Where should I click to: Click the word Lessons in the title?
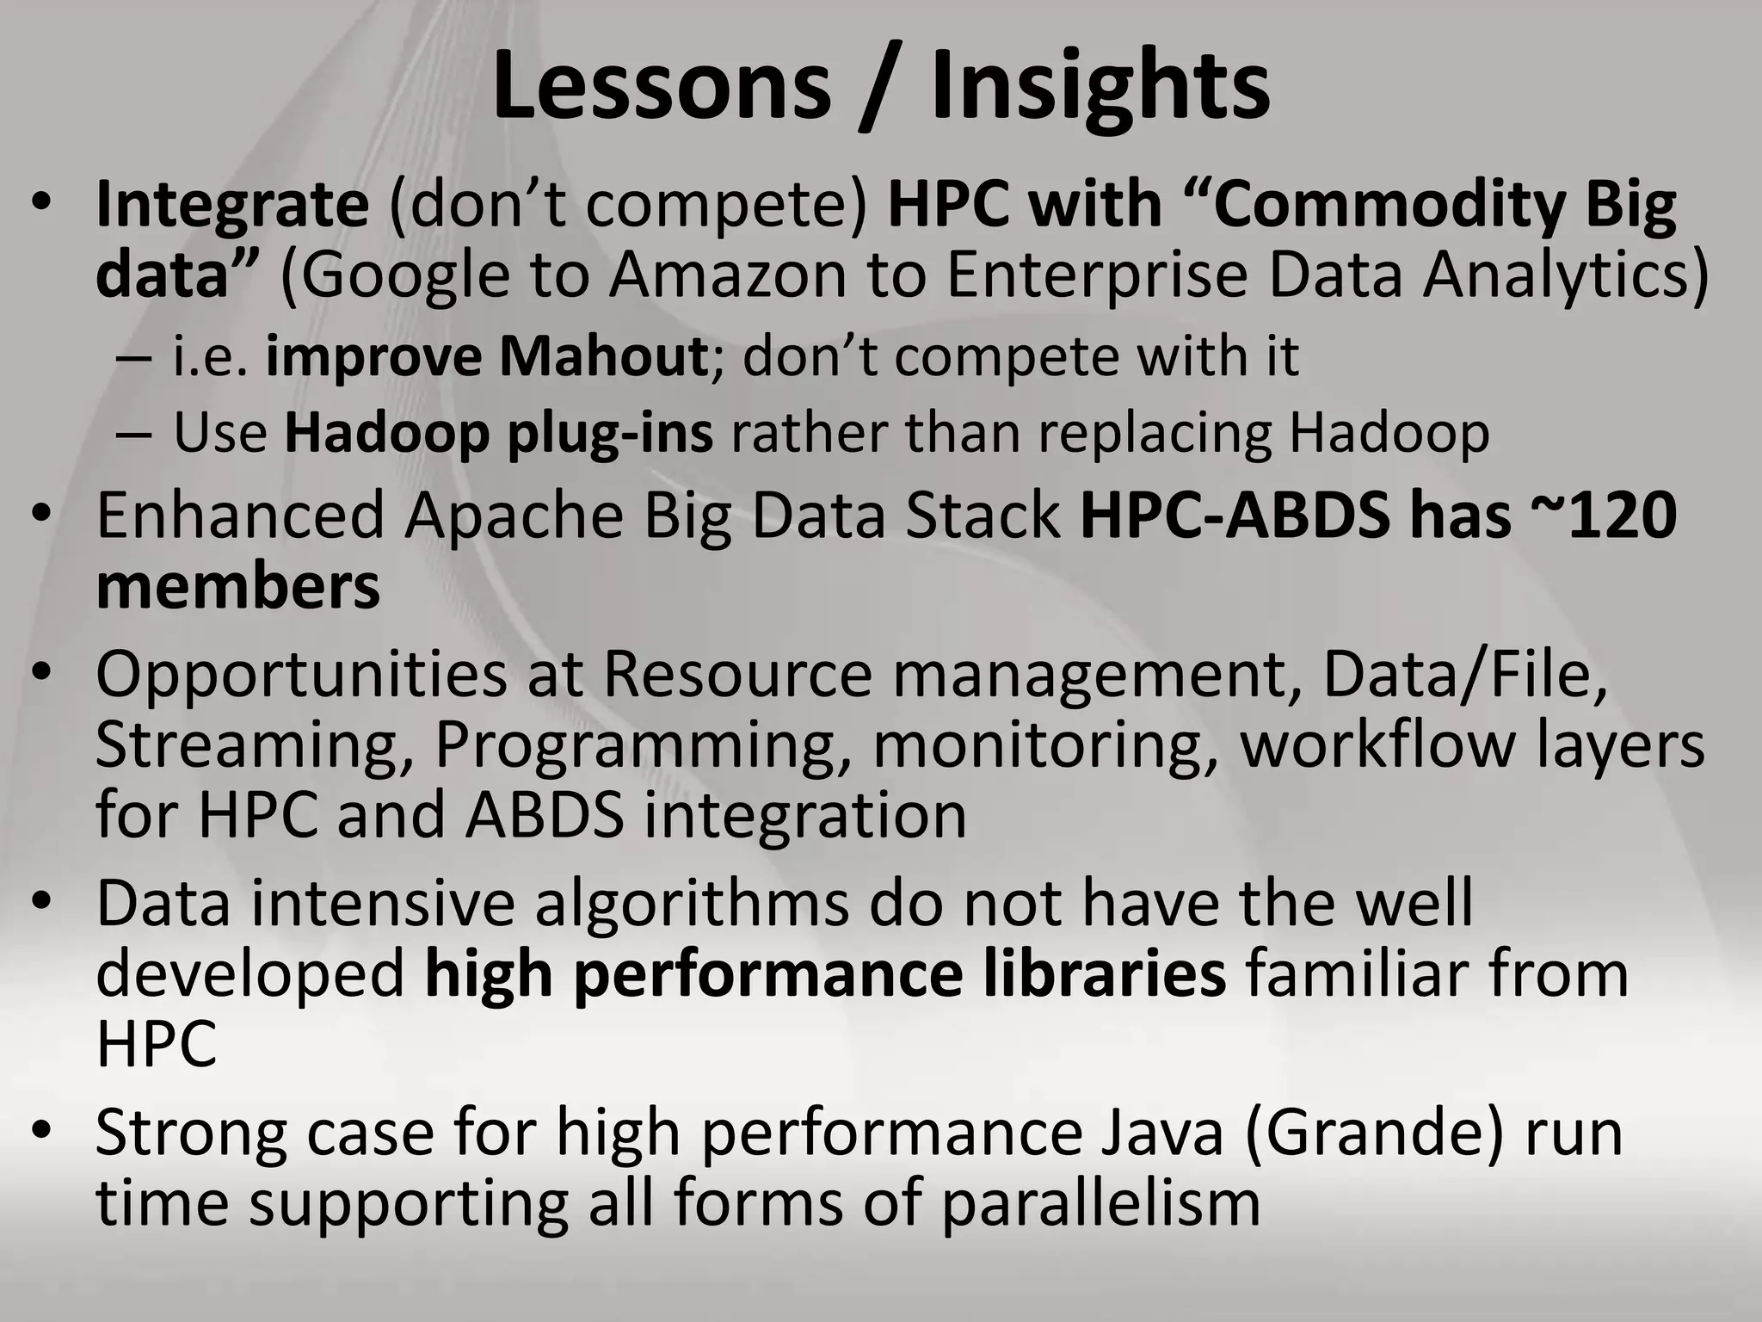(x=661, y=86)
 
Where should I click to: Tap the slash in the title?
(x=881, y=86)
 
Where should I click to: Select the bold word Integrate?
(x=232, y=207)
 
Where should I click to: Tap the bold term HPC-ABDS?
(x=1234, y=516)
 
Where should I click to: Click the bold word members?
(x=237, y=587)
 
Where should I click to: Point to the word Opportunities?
(x=301, y=676)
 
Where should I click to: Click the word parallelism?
(x=1101, y=1203)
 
